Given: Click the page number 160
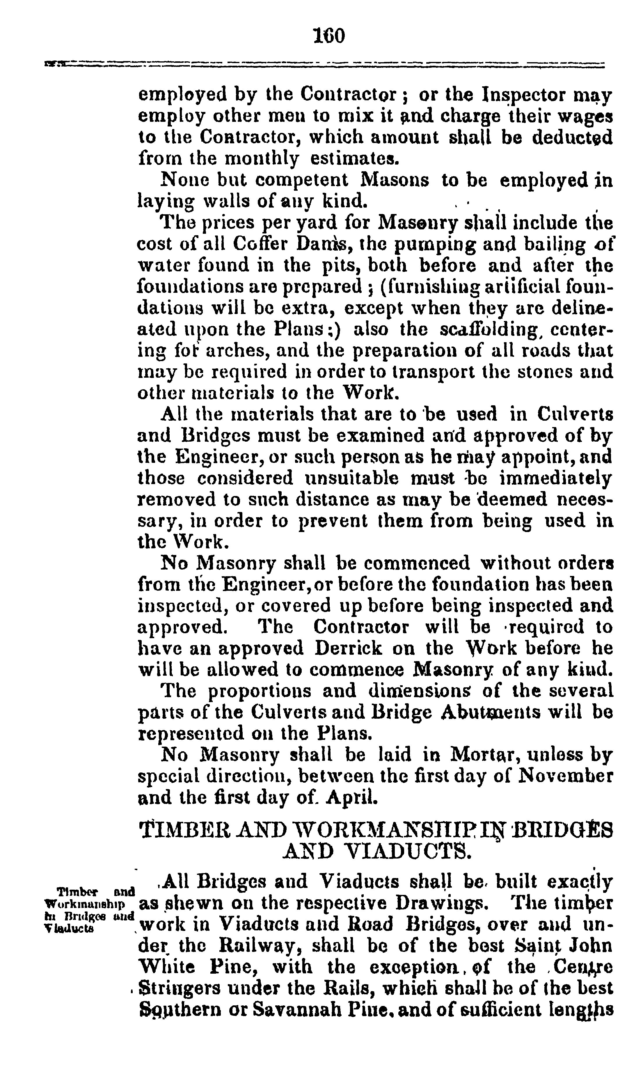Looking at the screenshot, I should point(329,36).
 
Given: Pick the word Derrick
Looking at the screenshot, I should point(349,648).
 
